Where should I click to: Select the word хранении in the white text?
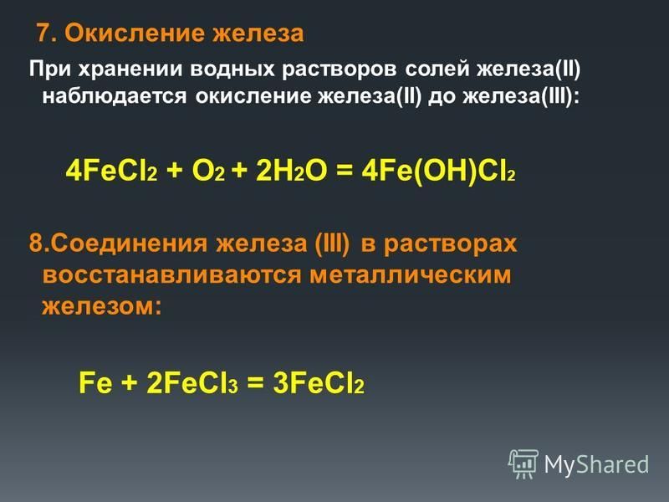point(130,69)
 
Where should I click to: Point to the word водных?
point(232,69)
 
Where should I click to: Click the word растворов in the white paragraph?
point(340,69)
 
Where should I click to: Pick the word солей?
point(437,69)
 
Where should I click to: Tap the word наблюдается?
point(115,96)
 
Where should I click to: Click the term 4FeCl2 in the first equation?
point(112,172)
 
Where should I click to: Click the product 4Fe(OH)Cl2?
point(438,172)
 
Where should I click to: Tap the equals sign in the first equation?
point(345,172)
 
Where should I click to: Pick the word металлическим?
point(410,274)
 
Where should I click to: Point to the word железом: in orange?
point(102,305)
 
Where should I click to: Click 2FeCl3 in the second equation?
point(192,382)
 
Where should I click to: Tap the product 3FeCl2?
point(319,382)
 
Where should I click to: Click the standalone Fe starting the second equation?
point(95,382)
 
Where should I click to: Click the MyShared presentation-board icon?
point(523,464)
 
